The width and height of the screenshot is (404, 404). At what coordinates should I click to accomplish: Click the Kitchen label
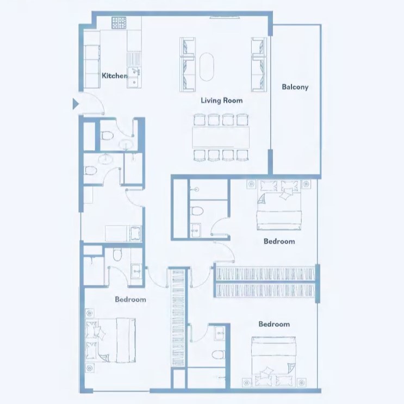point(114,76)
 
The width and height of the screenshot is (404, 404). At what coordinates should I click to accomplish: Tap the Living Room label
point(222,100)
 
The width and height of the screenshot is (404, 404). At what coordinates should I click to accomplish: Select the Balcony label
point(295,87)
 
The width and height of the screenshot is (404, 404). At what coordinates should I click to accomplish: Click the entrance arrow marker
point(75,103)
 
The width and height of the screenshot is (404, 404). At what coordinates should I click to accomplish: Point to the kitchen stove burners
point(119,23)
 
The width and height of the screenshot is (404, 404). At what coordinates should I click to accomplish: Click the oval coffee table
point(207,67)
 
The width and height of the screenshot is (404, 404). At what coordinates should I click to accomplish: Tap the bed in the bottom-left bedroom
point(110,340)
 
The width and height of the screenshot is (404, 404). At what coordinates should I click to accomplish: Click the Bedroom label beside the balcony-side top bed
point(279,241)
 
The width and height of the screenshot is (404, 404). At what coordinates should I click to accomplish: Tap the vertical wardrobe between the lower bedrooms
point(178,318)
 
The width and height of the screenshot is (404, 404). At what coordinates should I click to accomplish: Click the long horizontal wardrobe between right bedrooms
point(265,282)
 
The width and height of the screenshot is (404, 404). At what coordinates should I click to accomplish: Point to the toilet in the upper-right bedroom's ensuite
point(197,211)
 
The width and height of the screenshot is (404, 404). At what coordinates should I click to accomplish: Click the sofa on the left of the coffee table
point(187,65)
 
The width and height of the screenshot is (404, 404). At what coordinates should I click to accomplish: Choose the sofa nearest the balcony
point(259,65)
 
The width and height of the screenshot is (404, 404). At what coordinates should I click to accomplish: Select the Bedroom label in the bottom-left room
point(130,300)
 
